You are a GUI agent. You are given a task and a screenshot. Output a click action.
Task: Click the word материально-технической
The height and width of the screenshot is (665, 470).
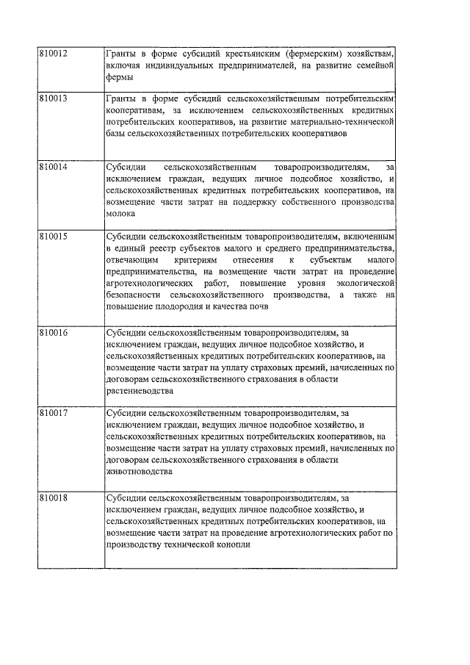[x=342, y=122]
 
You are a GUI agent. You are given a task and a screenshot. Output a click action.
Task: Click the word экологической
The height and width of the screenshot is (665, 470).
[x=364, y=284]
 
